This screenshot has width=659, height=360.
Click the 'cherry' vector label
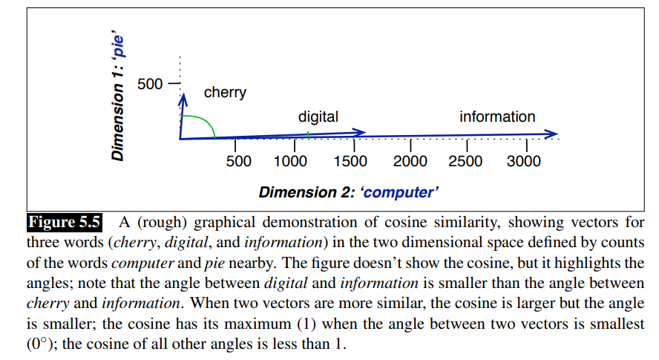(x=225, y=94)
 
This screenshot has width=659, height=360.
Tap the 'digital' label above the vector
(x=318, y=117)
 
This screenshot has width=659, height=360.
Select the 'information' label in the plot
(x=496, y=117)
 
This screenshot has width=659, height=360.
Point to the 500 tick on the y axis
(x=150, y=83)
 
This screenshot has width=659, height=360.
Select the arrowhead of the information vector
(x=551, y=134)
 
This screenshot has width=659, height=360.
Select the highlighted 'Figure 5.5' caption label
(x=64, y=222)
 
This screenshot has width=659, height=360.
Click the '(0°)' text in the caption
(x=42, y=345)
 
